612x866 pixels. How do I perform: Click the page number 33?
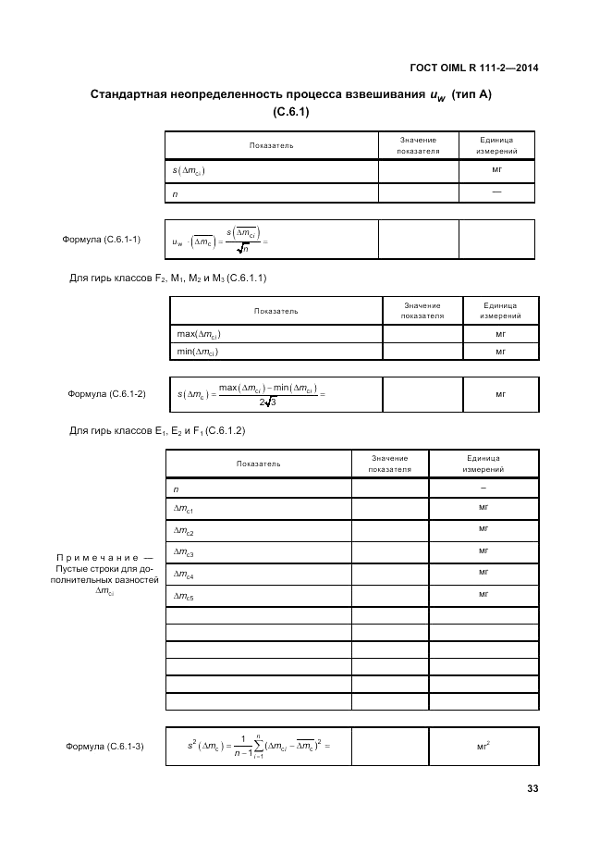tap(532, 789)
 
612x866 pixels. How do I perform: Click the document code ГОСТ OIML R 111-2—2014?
tap(473, 68)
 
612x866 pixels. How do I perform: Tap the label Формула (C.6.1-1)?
tap(101, 239)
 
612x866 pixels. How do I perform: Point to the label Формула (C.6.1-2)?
tap(106, 394)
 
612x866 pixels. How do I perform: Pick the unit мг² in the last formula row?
tap(483, 745)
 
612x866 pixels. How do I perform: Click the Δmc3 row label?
tap(183, 552)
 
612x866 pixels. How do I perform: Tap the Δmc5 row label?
tap(183, 598)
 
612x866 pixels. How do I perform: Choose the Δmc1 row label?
tap(183, 509)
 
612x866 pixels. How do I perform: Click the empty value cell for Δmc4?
tap(389, 575)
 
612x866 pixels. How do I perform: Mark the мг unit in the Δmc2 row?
tap(483, 529)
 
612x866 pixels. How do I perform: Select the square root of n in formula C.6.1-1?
tap(241, 248)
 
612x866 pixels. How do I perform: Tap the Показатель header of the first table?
tap(271, 145)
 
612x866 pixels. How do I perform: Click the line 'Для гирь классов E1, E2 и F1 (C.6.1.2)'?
tap(158, 430)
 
